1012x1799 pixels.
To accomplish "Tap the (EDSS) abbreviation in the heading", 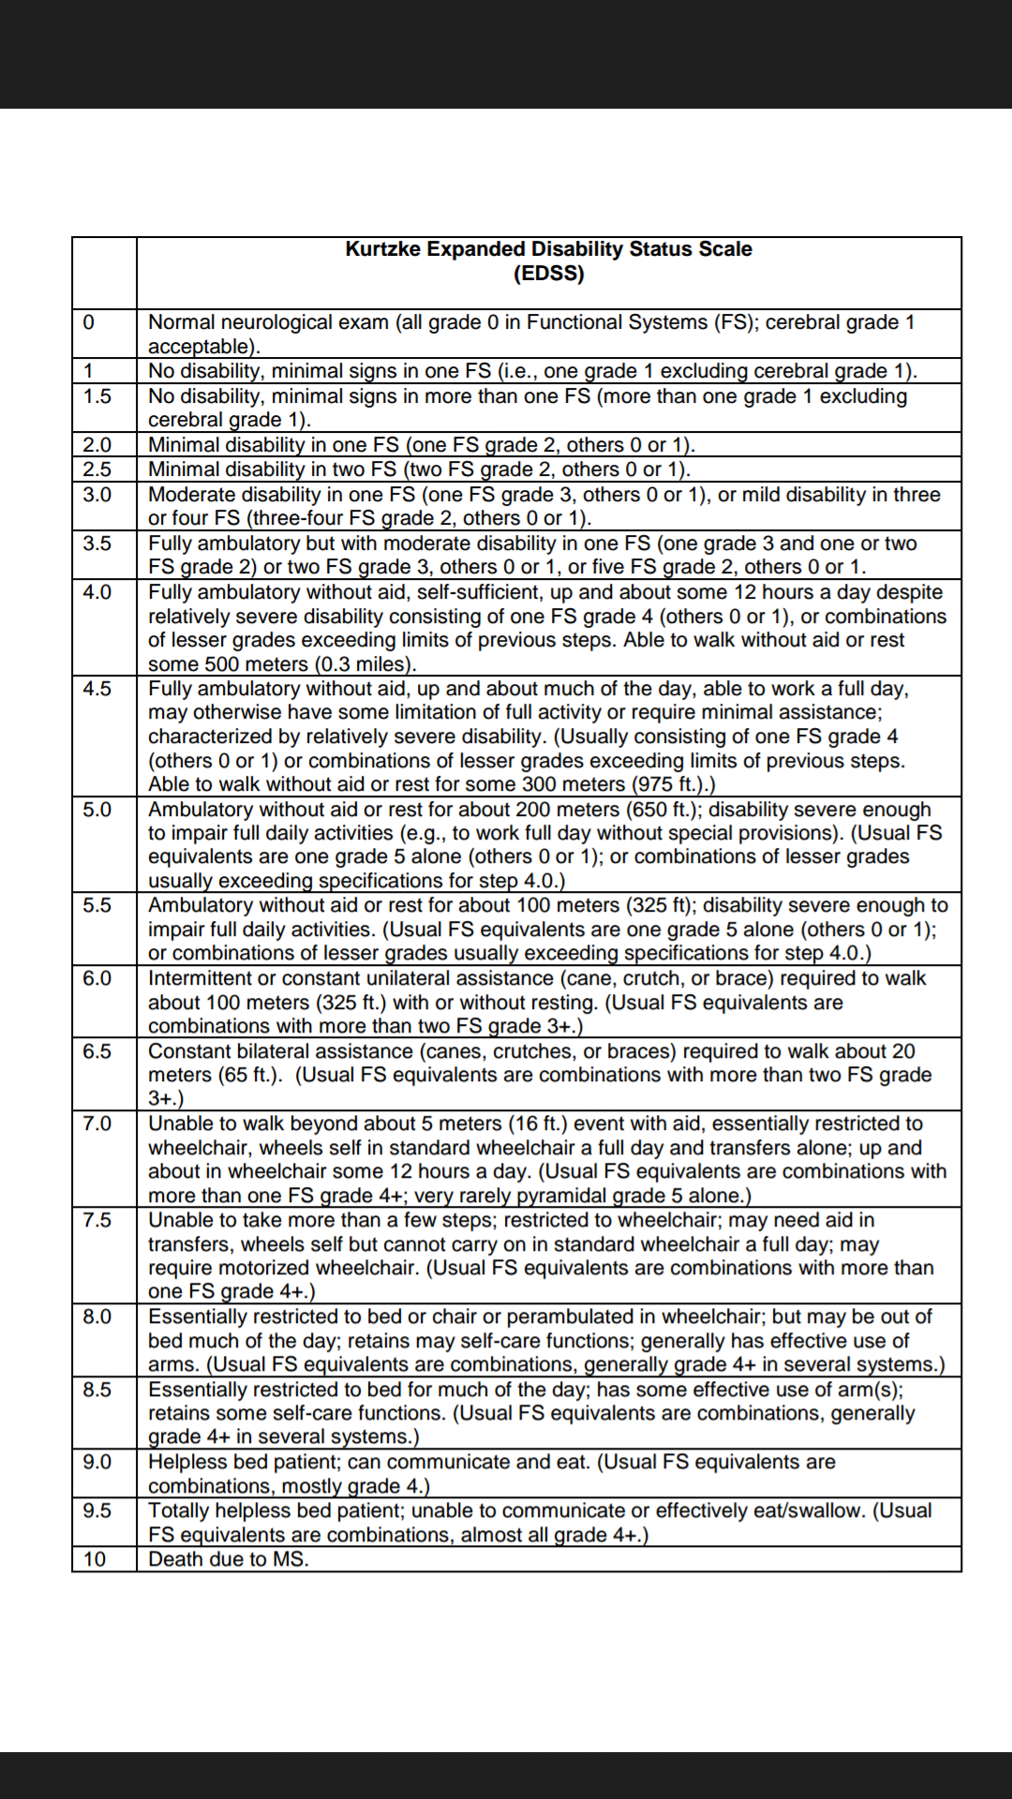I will click(x=548, y=274).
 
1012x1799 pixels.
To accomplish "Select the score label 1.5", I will click(x=97, y=396).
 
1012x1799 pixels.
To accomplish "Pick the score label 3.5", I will click(x=97, y=543).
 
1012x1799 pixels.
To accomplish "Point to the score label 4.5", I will click(x=97, y=689).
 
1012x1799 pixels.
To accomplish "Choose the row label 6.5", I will click(x=97, y=1051).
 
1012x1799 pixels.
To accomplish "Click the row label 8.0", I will click(x=97, y=1316).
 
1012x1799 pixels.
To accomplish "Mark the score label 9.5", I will click(x=97, y=1510).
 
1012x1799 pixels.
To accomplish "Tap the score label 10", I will click(x=95, y=1559).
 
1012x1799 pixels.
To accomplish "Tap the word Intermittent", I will click(x=201, y=978).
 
